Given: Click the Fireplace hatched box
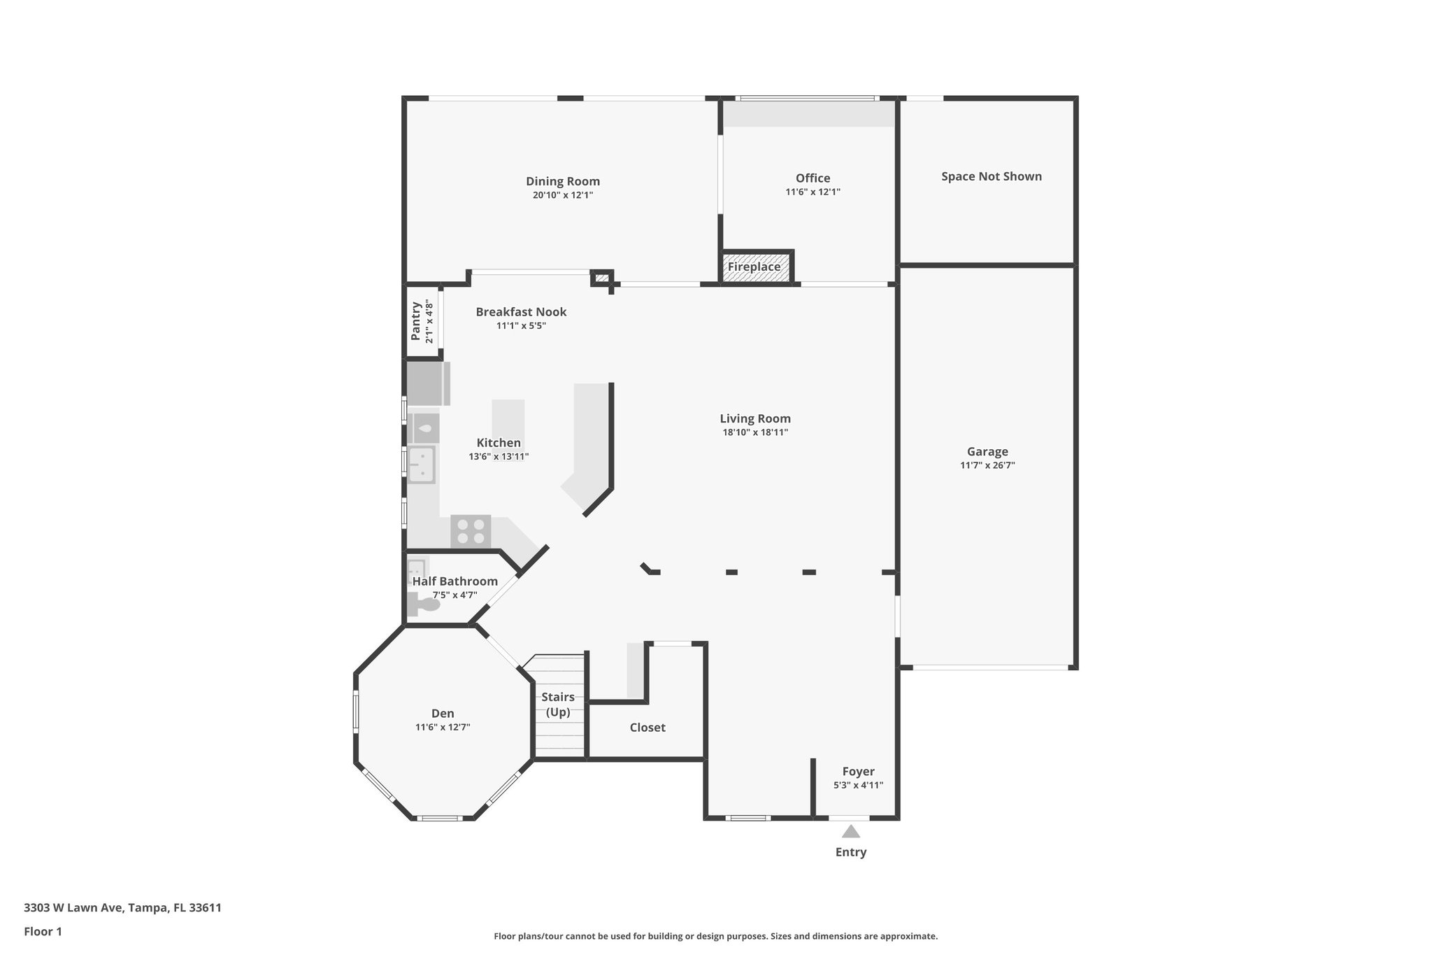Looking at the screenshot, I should coord(754,267).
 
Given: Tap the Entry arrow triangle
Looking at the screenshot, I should coord(850,831).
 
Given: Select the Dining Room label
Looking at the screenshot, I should coord(563,181).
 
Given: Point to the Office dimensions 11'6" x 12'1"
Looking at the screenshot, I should coord(812,192).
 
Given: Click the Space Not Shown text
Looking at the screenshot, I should coord(991,176).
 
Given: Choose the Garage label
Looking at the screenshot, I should coord(987,451).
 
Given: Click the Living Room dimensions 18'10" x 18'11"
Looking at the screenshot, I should coord(755,432).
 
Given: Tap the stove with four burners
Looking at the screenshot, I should coord(471,530).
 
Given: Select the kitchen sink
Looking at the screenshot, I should coord(422,464).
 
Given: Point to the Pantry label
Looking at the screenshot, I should coord(416,321).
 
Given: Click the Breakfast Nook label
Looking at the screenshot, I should coord(521,312).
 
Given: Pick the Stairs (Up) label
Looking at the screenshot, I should coord(558,705).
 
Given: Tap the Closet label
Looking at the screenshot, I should coord(647,728).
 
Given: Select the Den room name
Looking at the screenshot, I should coord(443,714).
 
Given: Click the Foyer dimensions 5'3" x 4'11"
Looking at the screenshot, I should coord(858,785).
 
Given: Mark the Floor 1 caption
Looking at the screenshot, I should coord(43,931).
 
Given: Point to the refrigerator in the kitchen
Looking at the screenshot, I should coord(426,383).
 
